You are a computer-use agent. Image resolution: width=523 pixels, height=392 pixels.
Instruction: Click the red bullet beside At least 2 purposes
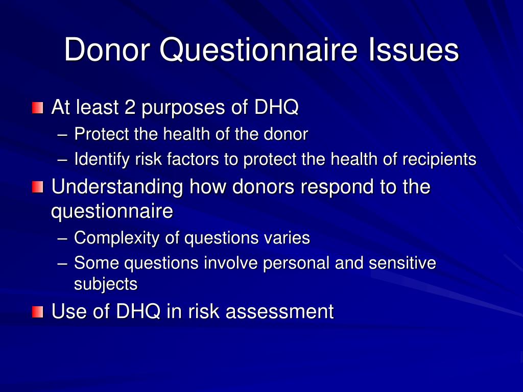click(37, 108)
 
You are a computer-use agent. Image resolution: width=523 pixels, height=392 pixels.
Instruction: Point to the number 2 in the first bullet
click(129, 108)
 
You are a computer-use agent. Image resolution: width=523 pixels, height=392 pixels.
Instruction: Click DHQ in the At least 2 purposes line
click(276, 108)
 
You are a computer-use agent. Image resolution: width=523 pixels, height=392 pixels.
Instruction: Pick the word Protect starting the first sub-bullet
click(102, 134)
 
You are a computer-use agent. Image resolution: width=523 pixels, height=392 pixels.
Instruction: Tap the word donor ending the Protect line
click(286, 134)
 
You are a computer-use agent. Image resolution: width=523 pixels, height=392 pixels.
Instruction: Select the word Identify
click(102, 160)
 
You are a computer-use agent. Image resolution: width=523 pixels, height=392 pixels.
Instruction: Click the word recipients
click(439, 160)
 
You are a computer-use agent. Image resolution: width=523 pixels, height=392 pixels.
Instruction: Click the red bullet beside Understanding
click(37, 187)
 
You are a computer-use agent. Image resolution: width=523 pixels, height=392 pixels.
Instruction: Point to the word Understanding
click(117, 187)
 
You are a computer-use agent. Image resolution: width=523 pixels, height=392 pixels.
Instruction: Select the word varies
click(288, 238)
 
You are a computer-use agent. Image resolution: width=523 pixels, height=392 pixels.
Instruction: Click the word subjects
click(106, 284)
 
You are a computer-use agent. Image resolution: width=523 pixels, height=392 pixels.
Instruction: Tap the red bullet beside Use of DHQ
click(37, 311)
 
